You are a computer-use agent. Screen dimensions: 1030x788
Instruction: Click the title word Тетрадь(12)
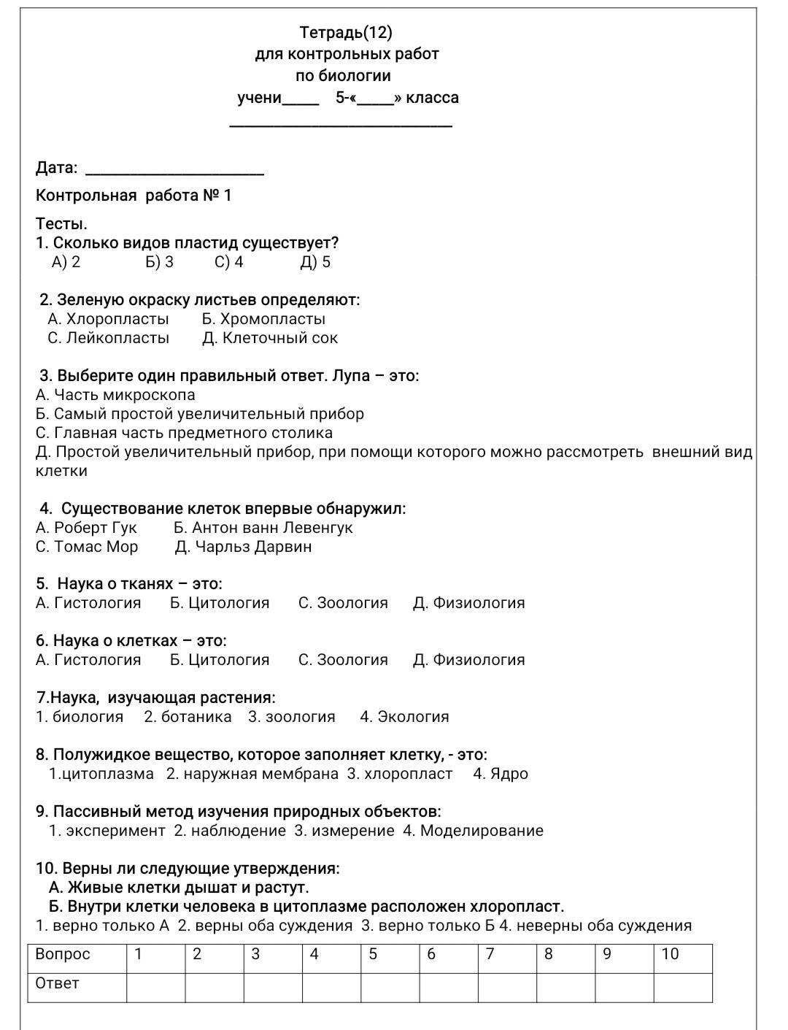346,32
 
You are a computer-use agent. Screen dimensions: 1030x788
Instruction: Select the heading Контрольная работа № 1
134,196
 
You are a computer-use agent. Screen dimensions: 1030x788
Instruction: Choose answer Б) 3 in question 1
159,262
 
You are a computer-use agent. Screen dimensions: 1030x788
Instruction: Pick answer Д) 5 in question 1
315,262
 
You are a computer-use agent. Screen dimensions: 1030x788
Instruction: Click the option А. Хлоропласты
108,319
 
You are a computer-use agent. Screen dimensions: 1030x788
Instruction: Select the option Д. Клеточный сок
270,338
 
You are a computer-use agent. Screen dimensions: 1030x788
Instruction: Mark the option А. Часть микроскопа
115,395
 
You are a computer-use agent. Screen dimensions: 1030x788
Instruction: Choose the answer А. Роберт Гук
86,528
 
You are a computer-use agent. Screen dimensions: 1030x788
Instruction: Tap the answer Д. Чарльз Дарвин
243,547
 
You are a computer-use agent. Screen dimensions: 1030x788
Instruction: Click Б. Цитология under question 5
220,603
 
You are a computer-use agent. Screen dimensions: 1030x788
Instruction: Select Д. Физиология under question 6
468,660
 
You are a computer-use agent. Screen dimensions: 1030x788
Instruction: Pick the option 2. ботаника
188,717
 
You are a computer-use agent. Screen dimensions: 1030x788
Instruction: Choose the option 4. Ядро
500,774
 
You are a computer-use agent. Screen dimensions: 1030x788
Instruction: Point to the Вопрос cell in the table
63,954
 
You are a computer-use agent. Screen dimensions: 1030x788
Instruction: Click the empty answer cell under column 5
390,987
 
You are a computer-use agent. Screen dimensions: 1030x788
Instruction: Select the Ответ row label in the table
57,983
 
